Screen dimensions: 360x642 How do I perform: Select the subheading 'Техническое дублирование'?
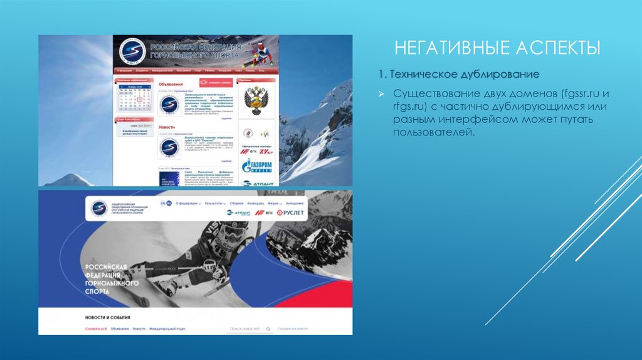pos(465,75)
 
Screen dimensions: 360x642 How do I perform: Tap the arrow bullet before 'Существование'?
pos(380,93)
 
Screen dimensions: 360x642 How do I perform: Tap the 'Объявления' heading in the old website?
pos(171,83)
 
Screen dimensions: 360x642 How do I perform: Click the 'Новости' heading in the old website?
pos(167,126)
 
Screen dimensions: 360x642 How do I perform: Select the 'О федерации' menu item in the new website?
pos(189,203)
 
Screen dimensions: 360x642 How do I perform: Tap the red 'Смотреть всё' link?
pos(96,329)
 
